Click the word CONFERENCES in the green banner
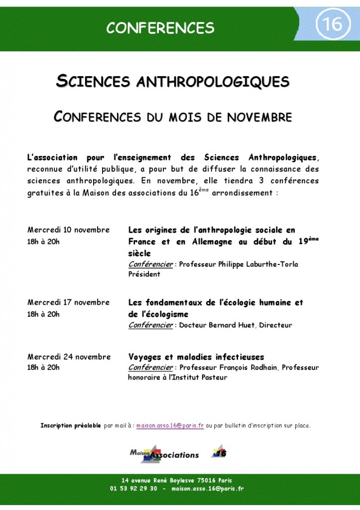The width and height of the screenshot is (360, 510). (160, 27)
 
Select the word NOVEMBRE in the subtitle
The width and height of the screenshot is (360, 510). (260, 118)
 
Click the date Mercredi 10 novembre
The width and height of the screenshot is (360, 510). (68, 230)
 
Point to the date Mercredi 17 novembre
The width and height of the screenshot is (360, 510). (68, 302)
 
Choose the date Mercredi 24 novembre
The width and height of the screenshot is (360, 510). (69, 357)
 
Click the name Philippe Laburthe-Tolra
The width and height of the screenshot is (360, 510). (258, 264)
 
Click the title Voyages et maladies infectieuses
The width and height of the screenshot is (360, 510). (196, 357)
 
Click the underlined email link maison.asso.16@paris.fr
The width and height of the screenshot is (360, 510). (170, 426)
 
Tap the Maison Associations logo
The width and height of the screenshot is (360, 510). (164, 454)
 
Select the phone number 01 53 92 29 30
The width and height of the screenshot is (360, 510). (133, 489)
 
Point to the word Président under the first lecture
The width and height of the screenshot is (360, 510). (144, 274)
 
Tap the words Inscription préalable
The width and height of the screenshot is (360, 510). (70, 426)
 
